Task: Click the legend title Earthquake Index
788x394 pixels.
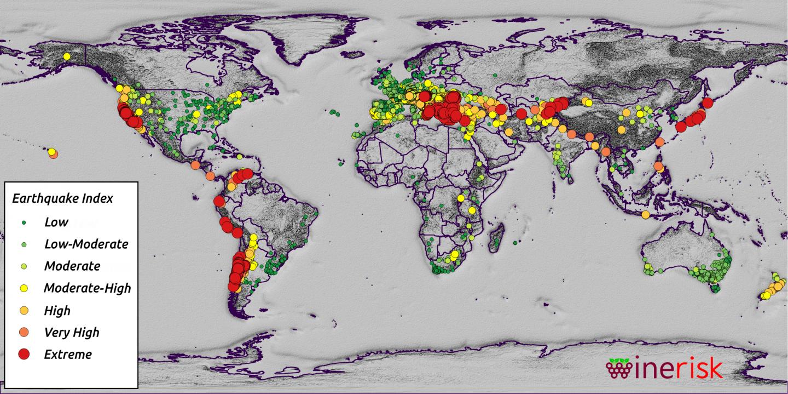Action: [62, 198]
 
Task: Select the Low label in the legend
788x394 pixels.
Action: [56, 222]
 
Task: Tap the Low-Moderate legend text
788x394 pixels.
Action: [86, 244]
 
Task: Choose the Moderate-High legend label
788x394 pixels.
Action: [87, 288]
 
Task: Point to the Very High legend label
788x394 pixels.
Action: [72, 332]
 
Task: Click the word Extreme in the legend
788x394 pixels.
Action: [68, 354]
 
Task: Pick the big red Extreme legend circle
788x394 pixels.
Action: [24, 354]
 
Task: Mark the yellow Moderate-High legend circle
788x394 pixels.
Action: [24, 288]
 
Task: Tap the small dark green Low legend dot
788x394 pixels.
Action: [24, 222]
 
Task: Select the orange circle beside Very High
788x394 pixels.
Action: [24, 332]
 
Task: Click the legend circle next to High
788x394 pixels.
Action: [24, 310]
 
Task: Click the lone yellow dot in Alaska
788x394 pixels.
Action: [67, 56]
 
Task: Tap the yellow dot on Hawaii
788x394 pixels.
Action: [51, 151]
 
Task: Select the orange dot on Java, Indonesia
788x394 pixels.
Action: [646, 214]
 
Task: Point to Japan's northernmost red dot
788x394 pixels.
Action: [707, 102]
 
